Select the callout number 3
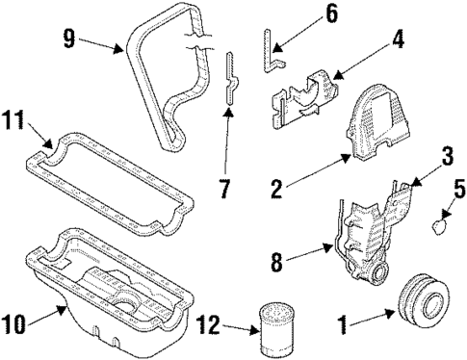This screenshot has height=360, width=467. pyautogui.click(x=420, y=155)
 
